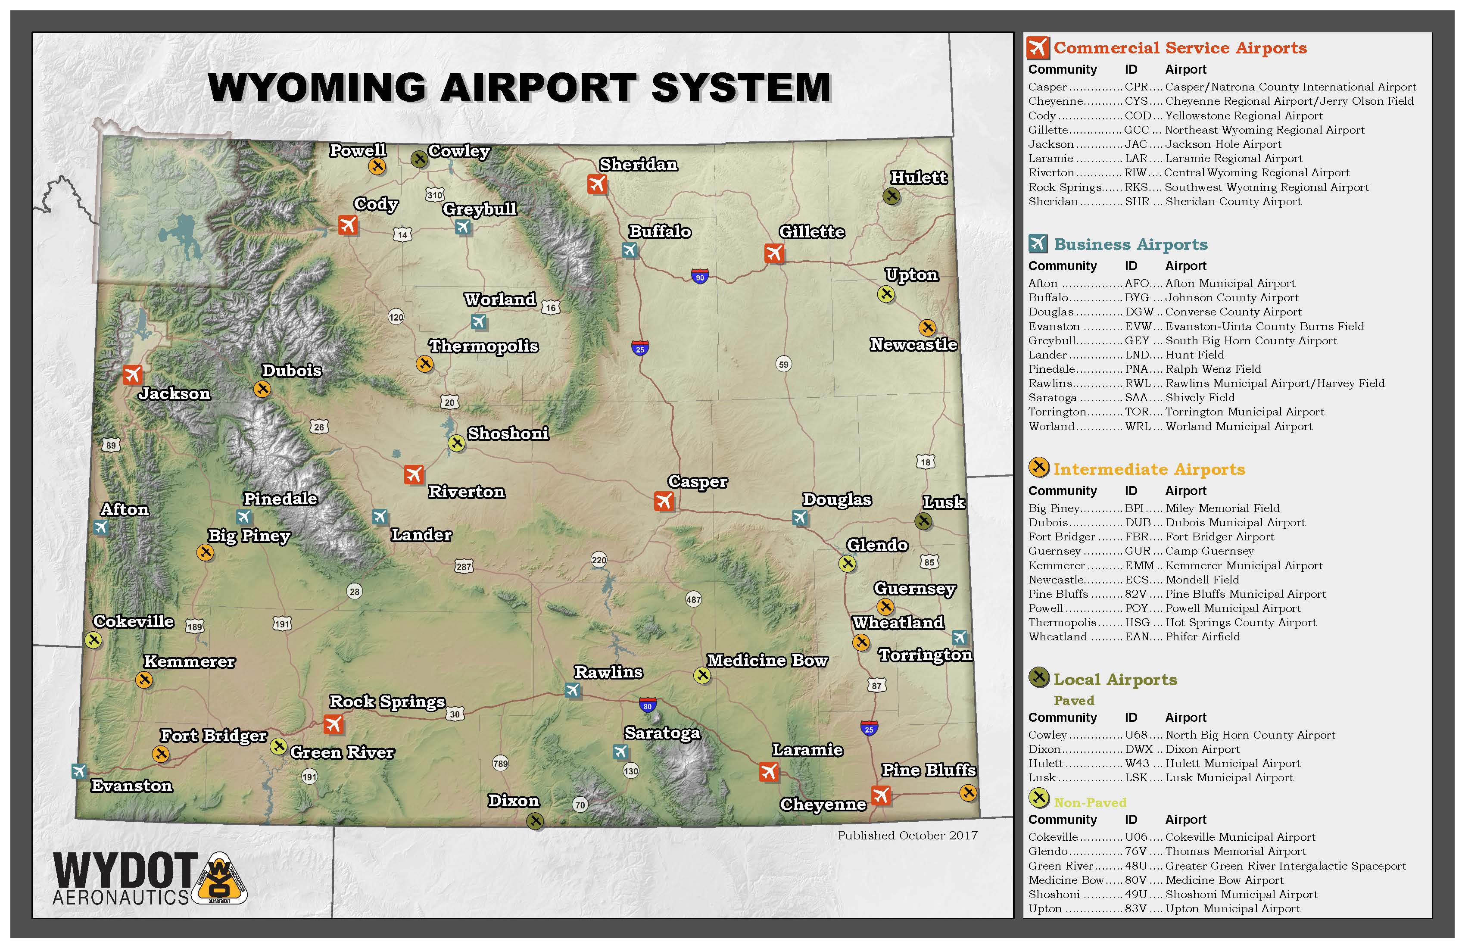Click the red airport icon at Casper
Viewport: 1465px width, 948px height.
click(x=664, y=501)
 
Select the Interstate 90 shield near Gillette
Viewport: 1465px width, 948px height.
click(x=700, y=276)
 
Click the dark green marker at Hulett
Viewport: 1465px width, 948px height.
click(x=891, y=196)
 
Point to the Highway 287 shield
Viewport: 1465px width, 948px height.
click(x=464, y=566)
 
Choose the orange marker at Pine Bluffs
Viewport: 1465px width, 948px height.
click(x=968, y=793)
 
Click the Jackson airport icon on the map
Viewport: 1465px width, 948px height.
click(x=132, y=374)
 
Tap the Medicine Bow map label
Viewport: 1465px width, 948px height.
click(x=767, y=661)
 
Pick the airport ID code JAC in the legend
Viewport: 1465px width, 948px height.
click(x=1136, y=144)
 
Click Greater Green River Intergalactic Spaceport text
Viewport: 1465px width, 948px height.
click(x=1286, y=866)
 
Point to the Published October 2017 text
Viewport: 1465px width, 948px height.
click(x=907, y=836)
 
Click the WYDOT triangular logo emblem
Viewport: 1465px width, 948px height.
click(x=220, y=879)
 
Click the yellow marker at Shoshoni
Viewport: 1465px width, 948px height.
click(x=456, y=443)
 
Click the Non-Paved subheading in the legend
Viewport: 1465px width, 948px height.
click(x=1090, y=803)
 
